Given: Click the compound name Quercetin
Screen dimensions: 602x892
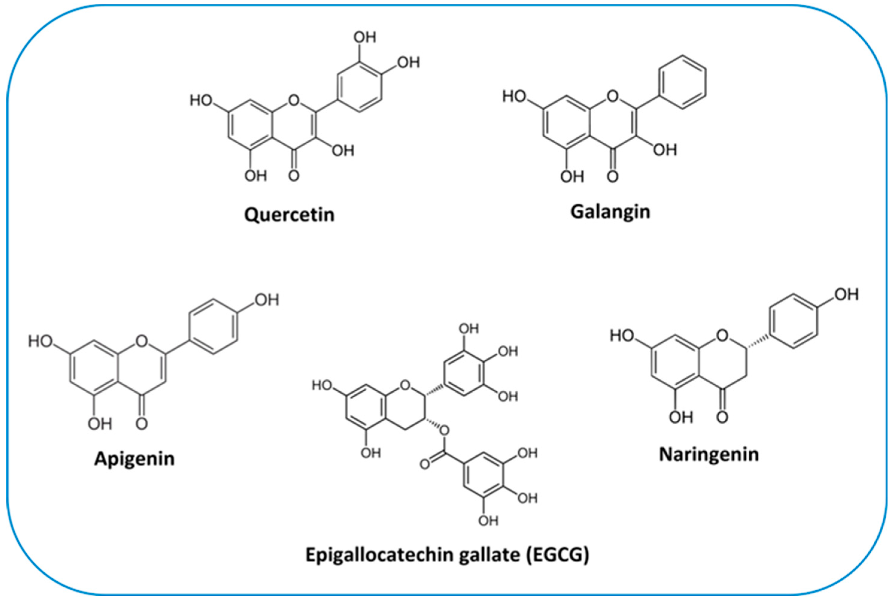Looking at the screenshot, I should pyautogui.click(x=289, y=215).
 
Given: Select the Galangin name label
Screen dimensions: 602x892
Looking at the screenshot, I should pyautogui.click(x=610, y=212).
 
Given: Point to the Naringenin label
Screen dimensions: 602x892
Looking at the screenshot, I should pyautogui.click(x=709, y=454).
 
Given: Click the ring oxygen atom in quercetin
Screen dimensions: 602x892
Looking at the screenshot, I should pyautogui.click(x=294, y=101).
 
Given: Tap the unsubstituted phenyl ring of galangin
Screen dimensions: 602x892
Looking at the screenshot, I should pyautogui.click(x=683, y=83).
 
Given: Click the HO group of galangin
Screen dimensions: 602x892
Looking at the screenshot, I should pyautogui.click(x=514, y=96).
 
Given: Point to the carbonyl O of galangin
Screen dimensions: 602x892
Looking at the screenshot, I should pyautogui.click(x=613, y=177).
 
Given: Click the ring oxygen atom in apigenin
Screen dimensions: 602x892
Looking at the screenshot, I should pyautogui.click(x=142, y=341).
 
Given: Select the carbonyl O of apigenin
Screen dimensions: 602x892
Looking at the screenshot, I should pyautogui.click(x=142, y=424).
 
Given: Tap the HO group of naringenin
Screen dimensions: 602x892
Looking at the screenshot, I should pyautogui.click(x=622, y=336).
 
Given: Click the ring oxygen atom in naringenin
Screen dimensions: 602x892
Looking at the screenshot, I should pyautogui.click(x=722, y=336).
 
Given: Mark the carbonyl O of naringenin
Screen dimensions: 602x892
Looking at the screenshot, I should pyautogui.click(x=722, y=417).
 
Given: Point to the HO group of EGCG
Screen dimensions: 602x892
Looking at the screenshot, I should pyautogui.click(x=322, y=385).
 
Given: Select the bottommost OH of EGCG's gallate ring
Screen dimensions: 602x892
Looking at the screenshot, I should pyautogui.click(x=488, y=521).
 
